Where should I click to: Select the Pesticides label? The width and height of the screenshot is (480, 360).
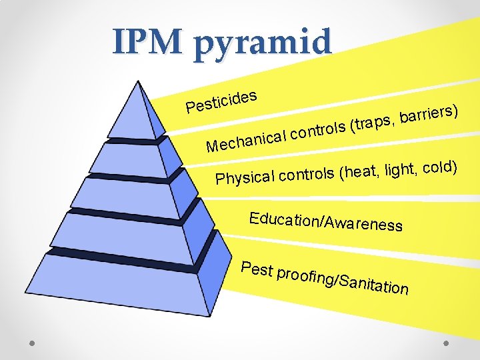click(221, 101)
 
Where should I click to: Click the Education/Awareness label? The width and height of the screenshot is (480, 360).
click(325, 221)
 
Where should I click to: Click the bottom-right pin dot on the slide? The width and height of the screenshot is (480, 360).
click(446, 345)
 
